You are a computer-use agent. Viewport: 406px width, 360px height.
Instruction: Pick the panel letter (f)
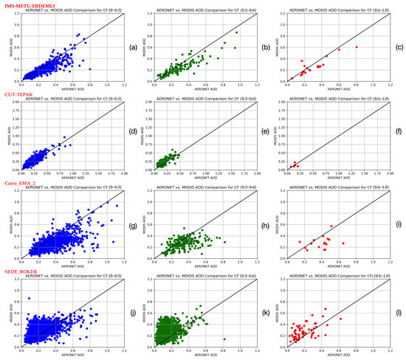click(399, 137)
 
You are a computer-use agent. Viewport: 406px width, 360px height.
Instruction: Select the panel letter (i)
click(399, 225)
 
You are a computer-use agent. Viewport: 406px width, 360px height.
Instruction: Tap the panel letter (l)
click(399, 314)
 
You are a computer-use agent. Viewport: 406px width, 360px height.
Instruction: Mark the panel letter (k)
click(265, 314)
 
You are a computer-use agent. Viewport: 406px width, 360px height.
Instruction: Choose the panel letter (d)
click(131, 137)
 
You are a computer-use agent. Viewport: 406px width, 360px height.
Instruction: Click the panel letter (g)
click(131, 225)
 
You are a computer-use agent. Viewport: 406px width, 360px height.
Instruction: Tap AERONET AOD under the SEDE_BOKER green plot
click(199, 357)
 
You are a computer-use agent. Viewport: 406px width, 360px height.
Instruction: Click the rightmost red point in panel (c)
click(356, 46)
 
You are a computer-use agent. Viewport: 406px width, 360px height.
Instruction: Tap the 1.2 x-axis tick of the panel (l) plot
click(390, 353)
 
